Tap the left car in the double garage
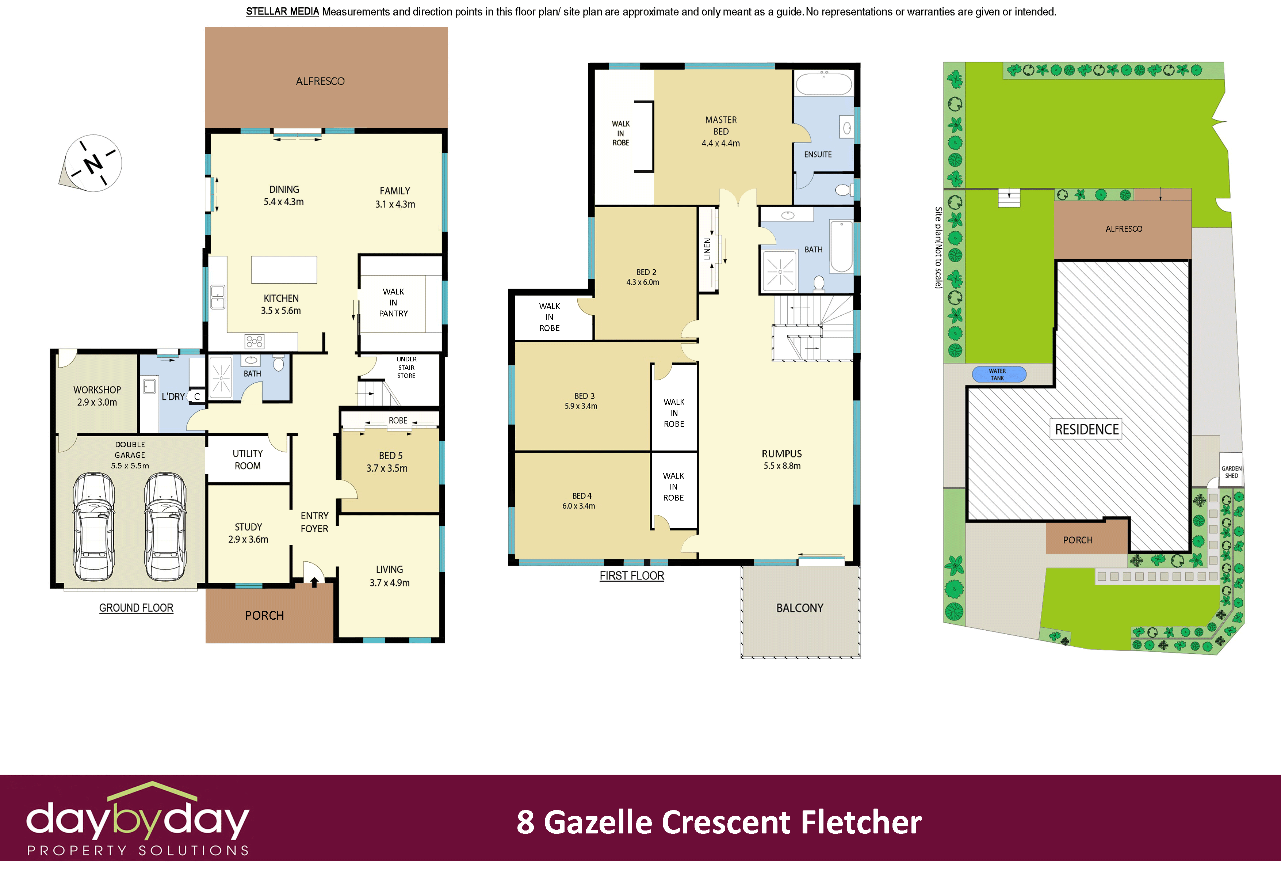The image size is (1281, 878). pos(94,526)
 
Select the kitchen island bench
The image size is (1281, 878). pos(284,270)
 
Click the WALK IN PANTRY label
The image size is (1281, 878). pos(393,302)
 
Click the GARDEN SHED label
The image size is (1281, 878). pos(1231,472)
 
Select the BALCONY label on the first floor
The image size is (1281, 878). pos(799,608)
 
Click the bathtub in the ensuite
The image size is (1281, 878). pos(823,84)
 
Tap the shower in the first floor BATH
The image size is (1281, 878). pos(779,271)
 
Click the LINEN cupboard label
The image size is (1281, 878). pos(707,249)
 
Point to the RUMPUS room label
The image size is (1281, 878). pos(781,454)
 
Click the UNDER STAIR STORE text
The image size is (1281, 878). pos(406,367)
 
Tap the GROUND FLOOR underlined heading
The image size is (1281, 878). pos(136,608)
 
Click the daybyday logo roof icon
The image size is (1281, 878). pos(152,790)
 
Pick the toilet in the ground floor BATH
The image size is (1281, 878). pos(278,364)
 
